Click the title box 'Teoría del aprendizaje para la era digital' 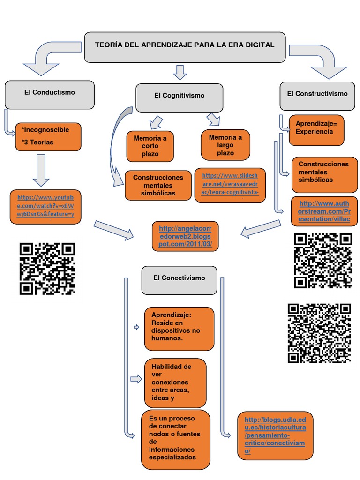tap(185, 47)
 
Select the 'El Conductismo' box tap(50, 94)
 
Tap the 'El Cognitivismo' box tap(179, 97)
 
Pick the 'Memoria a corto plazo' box tap(150, 146)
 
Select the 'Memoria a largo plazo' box tap(225, 145)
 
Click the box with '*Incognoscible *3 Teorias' tap(48, 136)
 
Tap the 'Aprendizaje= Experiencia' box tap(316, 129)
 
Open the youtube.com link tap(45, 206)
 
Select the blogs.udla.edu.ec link tap(275, 435)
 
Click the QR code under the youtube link tap(47, 268)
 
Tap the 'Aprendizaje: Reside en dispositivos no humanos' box tap(179, 329)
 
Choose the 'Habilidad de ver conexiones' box tap(175, 382)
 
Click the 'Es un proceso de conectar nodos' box tap(175, 439)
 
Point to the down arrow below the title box tap(180, 72)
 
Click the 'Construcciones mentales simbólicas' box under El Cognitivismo tap(158, 185)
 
